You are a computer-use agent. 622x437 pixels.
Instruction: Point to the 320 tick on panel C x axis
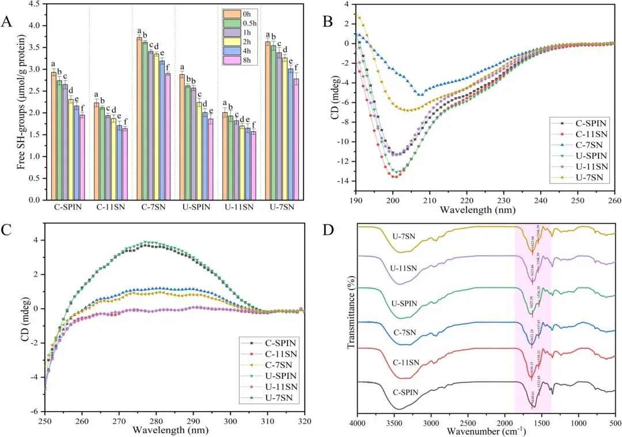[x=305, y=420]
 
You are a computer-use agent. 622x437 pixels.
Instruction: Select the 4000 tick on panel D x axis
[x=358, y=421]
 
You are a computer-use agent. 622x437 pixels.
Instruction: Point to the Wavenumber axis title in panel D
[x=486, y=431]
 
